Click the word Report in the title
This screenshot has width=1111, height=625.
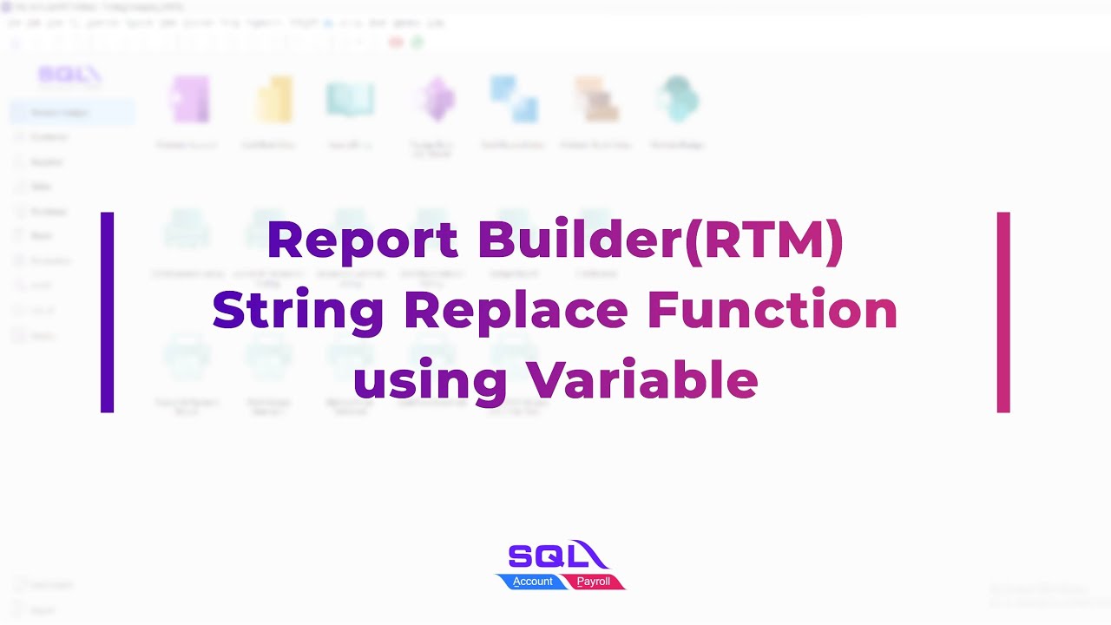pos(362,240)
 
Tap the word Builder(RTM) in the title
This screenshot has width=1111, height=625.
pos(661,240)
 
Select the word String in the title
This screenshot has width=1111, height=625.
pos(298,310)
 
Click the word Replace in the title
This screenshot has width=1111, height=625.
pos(516,310)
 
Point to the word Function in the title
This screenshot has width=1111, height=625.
pos(772,310)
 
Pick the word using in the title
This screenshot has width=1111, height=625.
pos(430,380)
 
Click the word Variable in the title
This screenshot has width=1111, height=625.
pos(641,380)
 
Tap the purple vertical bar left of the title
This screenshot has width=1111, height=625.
pos(107,312)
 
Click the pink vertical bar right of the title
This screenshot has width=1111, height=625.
pos(1003,312)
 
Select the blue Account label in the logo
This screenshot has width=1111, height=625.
pos(532,582)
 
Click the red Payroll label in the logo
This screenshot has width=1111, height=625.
pos(594,582)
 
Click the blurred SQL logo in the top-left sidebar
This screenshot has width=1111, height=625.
pos(69,76)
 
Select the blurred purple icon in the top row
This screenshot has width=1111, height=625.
pos(190,99)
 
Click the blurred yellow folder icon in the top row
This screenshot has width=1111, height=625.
pos(273,99)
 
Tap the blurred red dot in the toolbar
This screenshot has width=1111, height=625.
pos(397,42)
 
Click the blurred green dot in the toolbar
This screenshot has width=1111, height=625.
pos(417,42)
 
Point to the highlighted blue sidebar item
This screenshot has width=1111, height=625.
pos(72,112)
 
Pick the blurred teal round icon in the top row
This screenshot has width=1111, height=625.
pos(678,99)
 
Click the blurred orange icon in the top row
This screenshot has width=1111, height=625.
pos(595,99)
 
